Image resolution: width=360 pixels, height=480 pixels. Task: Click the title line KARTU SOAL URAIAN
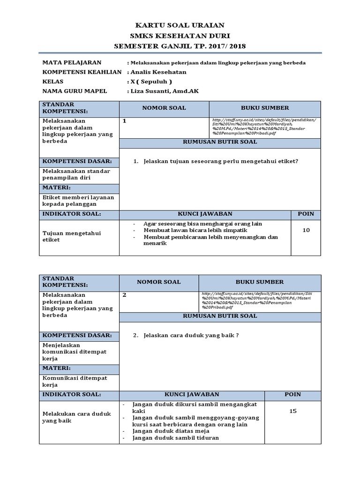(x=180, y=25)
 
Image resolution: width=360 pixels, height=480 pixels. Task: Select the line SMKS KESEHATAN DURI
(x=180, y=36)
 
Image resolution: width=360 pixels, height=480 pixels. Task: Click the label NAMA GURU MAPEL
(x=75, y=91)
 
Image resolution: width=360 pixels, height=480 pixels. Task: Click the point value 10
(x=306, y=230)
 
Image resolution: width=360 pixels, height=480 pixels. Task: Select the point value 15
(x=293, y=411)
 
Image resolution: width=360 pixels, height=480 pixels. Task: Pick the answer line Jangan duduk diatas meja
(x=171, y=431)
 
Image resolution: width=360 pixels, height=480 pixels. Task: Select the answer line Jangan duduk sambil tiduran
(x=175, y=438)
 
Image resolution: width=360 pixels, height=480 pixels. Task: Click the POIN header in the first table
(x=306, y=214)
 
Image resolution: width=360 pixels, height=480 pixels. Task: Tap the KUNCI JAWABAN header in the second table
(x=192, y=395)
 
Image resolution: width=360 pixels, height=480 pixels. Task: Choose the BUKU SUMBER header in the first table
(x=265, y=108)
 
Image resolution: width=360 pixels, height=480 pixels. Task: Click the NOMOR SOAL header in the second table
(x=158, y=282)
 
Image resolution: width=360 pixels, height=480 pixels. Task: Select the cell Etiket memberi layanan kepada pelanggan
(x=78, y=201)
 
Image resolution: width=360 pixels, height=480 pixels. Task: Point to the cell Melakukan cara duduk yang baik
(x=76, y=417)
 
